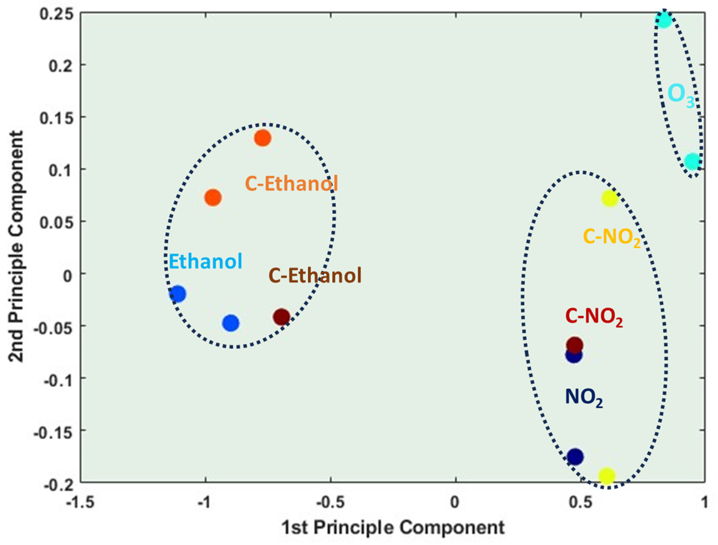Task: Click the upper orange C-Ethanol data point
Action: click(x=263, y=138)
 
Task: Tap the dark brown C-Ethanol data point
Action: click(x=282, y=317)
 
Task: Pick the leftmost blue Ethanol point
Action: click(x=177, y=294)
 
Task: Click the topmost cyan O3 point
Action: click(x=663, y=20)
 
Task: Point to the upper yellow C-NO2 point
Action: click(x=609, y=198)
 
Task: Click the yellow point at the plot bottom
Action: click(x=606, y=476)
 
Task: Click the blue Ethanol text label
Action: click(x=205, y=262)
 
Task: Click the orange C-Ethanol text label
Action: click(x=291, y=184)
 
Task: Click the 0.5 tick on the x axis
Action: click(x=580, y=502)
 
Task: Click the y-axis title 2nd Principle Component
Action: click(x=16, y=247)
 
